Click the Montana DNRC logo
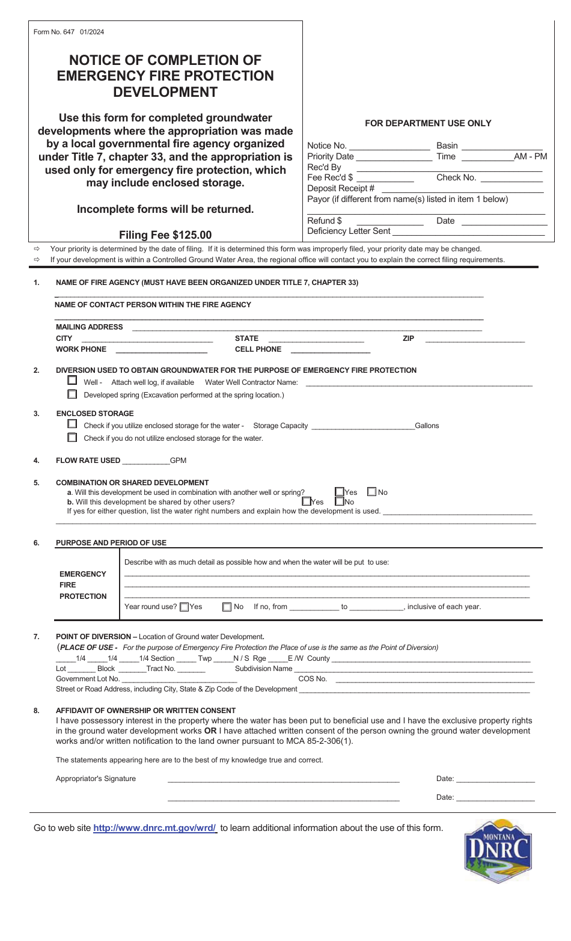(498, 851)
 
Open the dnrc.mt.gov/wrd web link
(154, 828)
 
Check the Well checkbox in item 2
(72, 381)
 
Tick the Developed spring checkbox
(72, 394)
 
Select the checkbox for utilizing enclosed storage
(72, 424)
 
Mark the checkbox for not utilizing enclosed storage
(72, 437)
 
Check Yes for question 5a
(340, 492)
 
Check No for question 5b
(340, 501)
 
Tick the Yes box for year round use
(185, 607)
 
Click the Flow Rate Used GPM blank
(145, 461)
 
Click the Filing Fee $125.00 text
(165, 235)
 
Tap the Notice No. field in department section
(389, 146)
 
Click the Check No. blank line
(512, 179)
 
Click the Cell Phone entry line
(330, 350)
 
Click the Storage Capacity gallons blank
(363, 426)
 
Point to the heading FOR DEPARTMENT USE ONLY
(428, 123)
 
